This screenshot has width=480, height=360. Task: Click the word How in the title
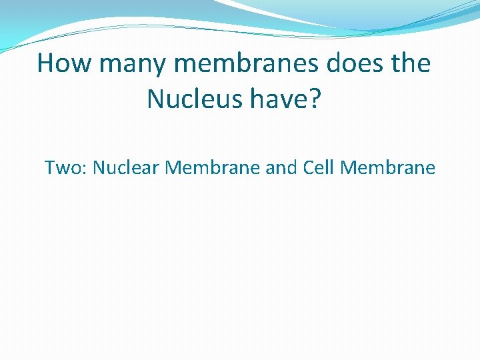pos(63,64)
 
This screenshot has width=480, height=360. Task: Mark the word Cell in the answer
pos(319,167)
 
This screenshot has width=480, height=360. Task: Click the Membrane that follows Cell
pos(387,167)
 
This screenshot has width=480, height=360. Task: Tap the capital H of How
pos(47,64)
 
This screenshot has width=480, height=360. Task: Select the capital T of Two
pos(51,167)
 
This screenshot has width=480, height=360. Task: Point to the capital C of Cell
pos(309,167)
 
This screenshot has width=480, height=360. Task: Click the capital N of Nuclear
pos(99,167)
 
